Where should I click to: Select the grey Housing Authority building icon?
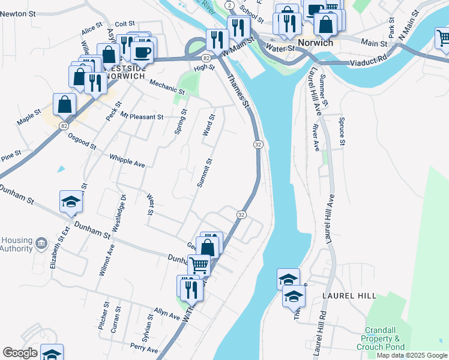click(x=41, y=243)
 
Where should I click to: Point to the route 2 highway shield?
click(x=230, y=5)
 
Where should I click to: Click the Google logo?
click(x=19, y=353)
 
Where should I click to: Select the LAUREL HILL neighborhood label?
click(x=349, y=296)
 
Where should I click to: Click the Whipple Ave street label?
click(x=127, y=161)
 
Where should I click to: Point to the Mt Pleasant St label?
click(x=142, y=116)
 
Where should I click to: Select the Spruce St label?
click(x=342, y=131)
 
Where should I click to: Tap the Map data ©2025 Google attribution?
click(x=412, y=355)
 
